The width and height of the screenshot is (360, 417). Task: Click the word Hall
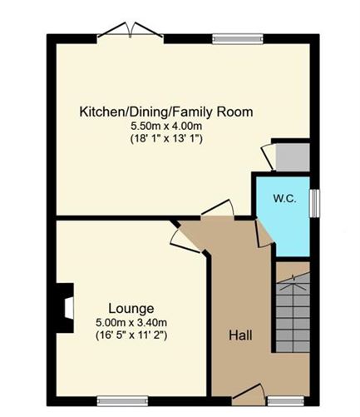(x=240, y=335)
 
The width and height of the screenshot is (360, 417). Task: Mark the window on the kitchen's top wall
(x=237, y=37)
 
